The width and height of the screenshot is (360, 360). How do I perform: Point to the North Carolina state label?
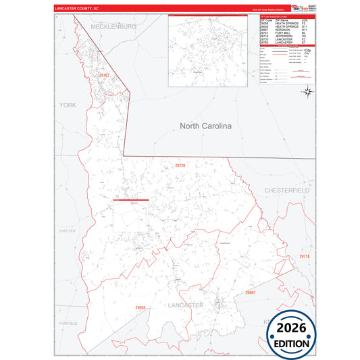[x=205, y=126]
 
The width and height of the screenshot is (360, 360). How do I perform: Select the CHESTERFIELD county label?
[x=286, y=191]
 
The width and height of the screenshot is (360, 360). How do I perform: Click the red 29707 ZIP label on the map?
[x=103, y=76]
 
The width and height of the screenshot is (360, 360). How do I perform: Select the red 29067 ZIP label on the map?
[x=250, y=292]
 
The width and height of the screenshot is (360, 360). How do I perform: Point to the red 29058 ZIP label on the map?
[x=140, y=308]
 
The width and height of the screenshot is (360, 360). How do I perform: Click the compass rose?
[x=307, y=91]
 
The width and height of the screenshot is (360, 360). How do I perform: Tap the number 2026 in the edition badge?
[x=292, y=328]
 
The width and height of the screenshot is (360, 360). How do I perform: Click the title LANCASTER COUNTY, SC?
[x=76, y=8]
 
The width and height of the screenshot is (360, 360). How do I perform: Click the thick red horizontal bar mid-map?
[x=130, y=200]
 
